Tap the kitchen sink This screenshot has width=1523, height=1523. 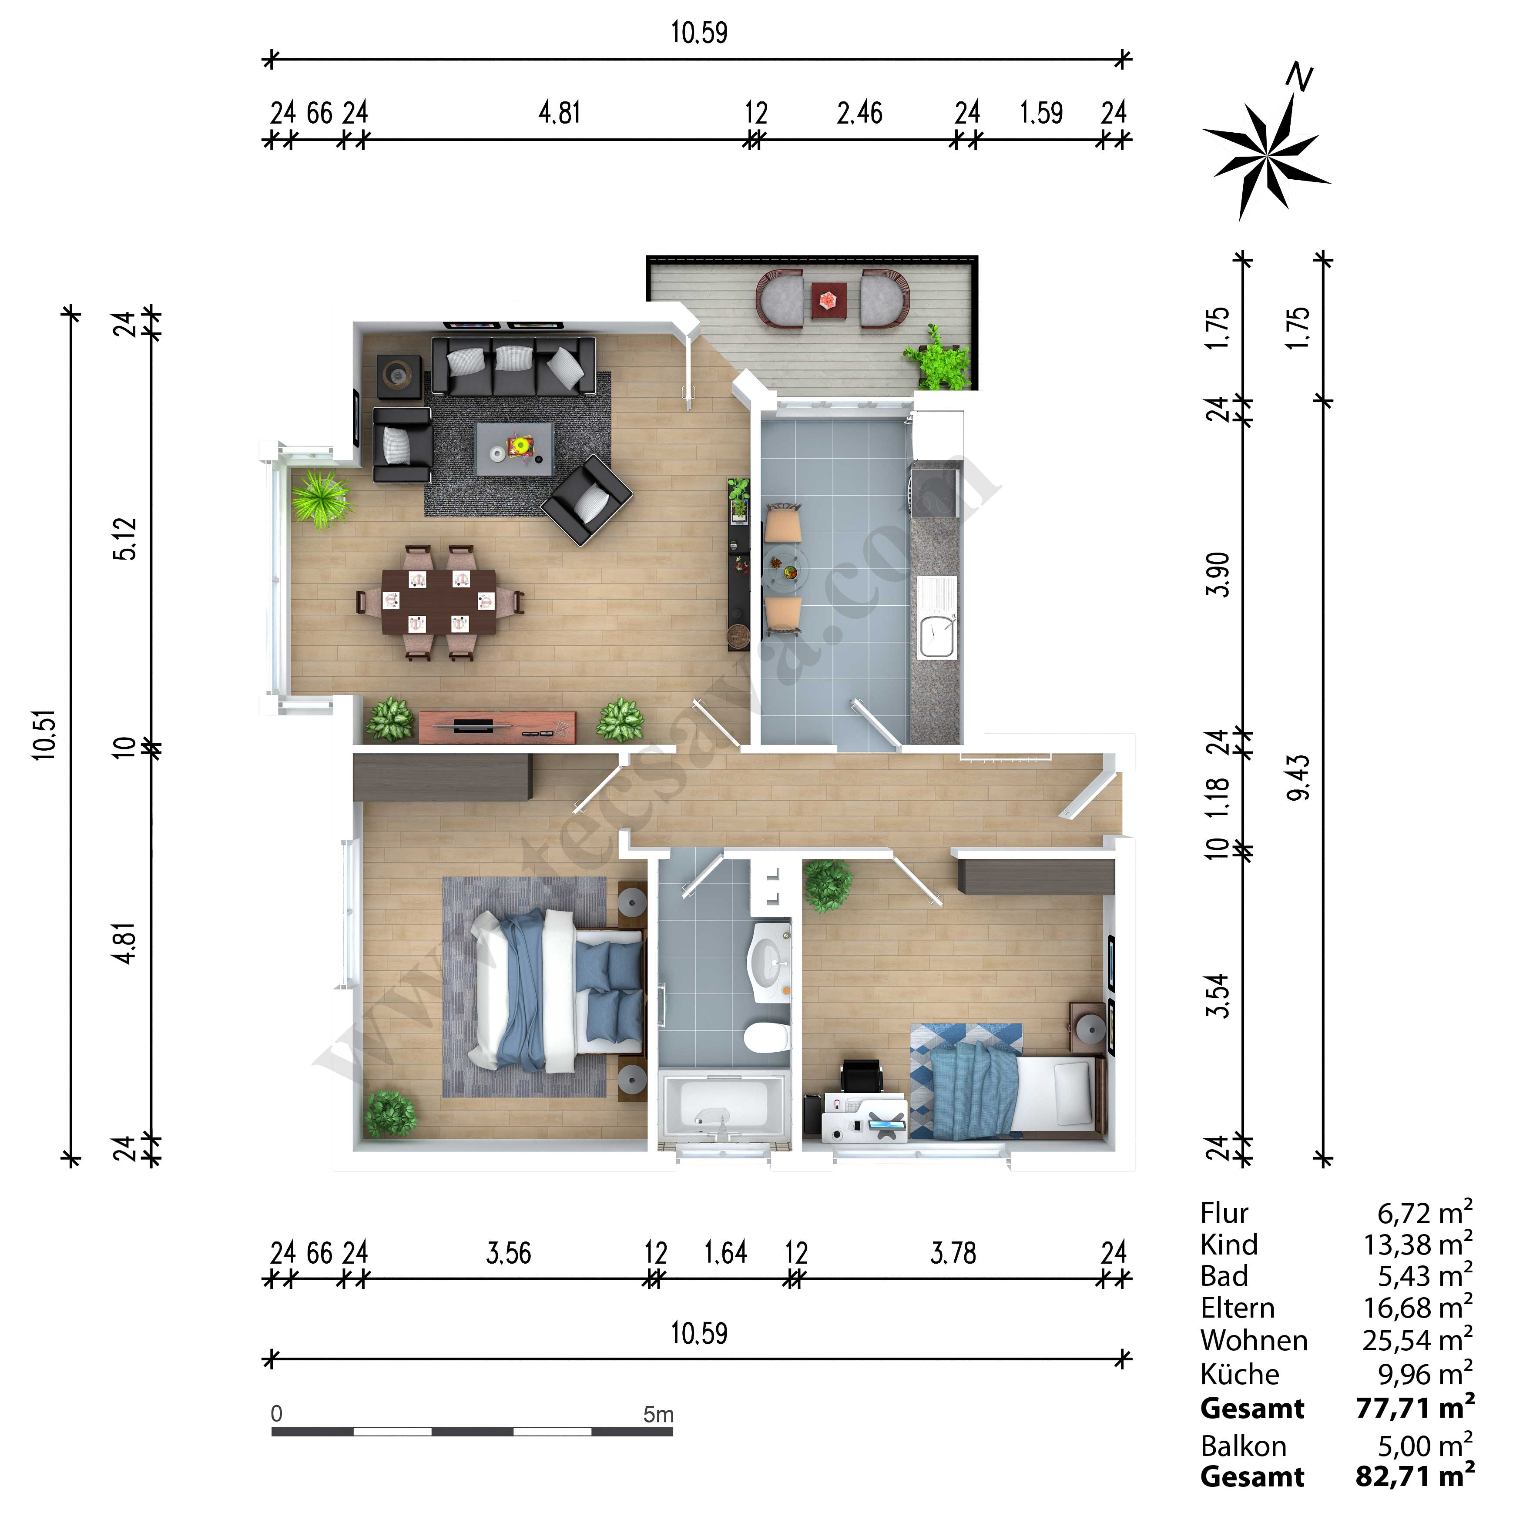(937, 617)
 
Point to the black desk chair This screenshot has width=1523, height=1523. (862, 1077)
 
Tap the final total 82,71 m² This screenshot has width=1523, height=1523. (1415, 1476)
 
